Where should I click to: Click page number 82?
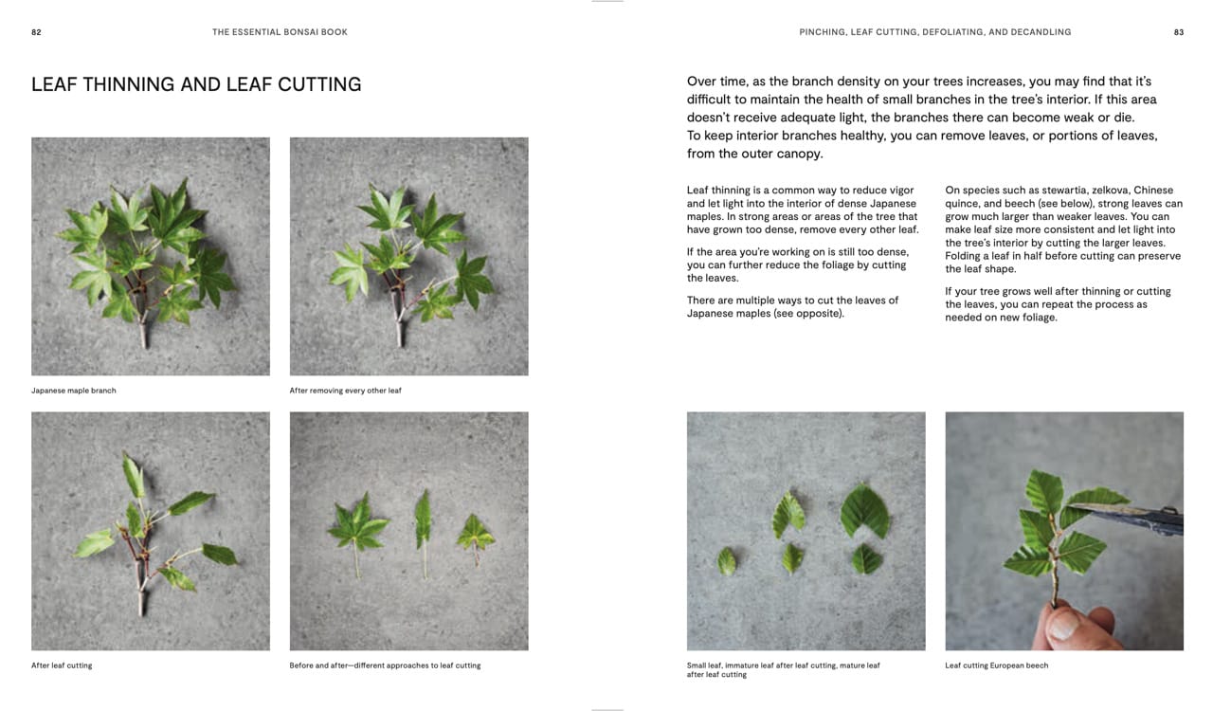[x=36, y=32]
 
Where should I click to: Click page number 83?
[x=1179, y=32]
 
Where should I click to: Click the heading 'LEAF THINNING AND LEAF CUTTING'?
[x=196, y=84]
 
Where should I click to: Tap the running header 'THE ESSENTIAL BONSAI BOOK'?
[x=280, y=32]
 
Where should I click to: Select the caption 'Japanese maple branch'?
[x=74, y=391]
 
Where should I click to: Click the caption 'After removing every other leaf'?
[x=345, y=391]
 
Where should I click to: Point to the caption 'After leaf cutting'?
[x=62, y=665]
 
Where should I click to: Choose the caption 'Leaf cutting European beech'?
[x=996, y=665]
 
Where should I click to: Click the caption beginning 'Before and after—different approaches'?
[x=385, y=665]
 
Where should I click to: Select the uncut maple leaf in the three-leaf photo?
[x=357, y=524]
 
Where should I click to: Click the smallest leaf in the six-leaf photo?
[x=727, y=561]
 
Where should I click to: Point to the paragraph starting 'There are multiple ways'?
[x=792, y=306]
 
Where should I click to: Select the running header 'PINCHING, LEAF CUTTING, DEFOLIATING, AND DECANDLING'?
[x=934, y=32]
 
